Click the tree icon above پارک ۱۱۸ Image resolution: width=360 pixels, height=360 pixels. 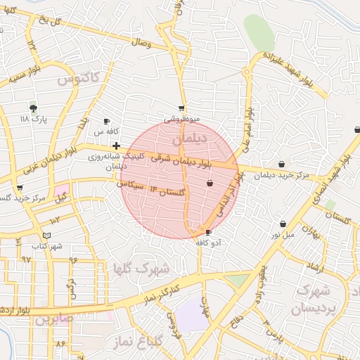[x=33, y=108]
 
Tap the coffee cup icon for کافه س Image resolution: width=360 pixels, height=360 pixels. [x=107, y=121]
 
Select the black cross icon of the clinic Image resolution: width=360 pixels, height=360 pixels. [x=116, y=146]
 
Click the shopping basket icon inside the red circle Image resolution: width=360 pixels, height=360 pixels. [x=210, y=183]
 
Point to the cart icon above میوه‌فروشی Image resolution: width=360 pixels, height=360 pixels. [x=182, y=108]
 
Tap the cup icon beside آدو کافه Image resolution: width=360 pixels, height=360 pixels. [x=208, y=232]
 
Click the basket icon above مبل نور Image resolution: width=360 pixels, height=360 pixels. [x=283, y=224]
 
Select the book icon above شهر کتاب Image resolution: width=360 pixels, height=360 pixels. [x=46, y=235]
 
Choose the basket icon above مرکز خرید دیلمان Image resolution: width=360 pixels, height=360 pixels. [x=282, y=165]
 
